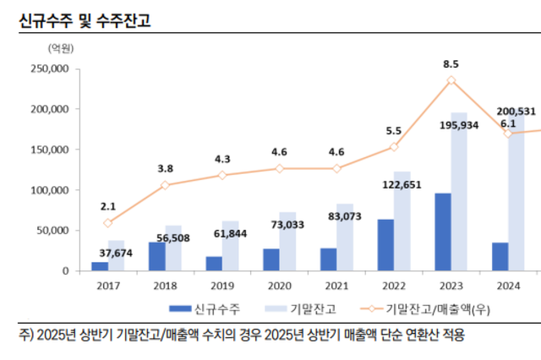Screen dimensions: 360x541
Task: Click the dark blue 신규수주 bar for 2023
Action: coord(442,232)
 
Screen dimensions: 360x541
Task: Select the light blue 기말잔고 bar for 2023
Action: coord(459,192)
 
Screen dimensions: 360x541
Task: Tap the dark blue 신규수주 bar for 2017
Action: coord(100,266)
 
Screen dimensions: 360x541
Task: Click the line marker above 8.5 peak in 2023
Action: coord(451,80)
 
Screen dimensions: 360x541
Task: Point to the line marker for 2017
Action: coord(108,223)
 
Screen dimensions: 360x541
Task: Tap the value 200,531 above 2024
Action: coord(516,111)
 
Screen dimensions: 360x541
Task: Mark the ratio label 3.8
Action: coord(166,168)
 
